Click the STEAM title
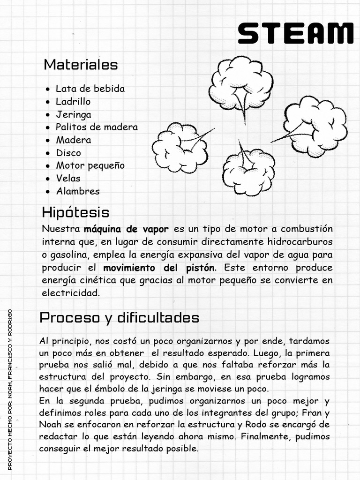click(x=295, y=34)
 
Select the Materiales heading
click(x=81, y=65)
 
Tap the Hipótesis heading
click(x=75, y=212)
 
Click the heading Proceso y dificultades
click(x=120, y=318)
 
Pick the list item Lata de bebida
click(x=90, y=89)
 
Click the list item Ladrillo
click(x=73, y=101)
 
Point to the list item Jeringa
click(x=74, y=114)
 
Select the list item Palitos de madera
click(x=97, y=127)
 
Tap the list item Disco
click(x=68, y=153)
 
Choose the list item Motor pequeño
click(x=90, y=165)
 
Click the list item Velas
click(x=68, y=178)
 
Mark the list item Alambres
click(x=78, y=191)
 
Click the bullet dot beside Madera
click(x=48, y=140)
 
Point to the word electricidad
click(x=70, y=293)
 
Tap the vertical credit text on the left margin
click(x=10, y=389)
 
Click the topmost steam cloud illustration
click(x=240, y=83)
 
